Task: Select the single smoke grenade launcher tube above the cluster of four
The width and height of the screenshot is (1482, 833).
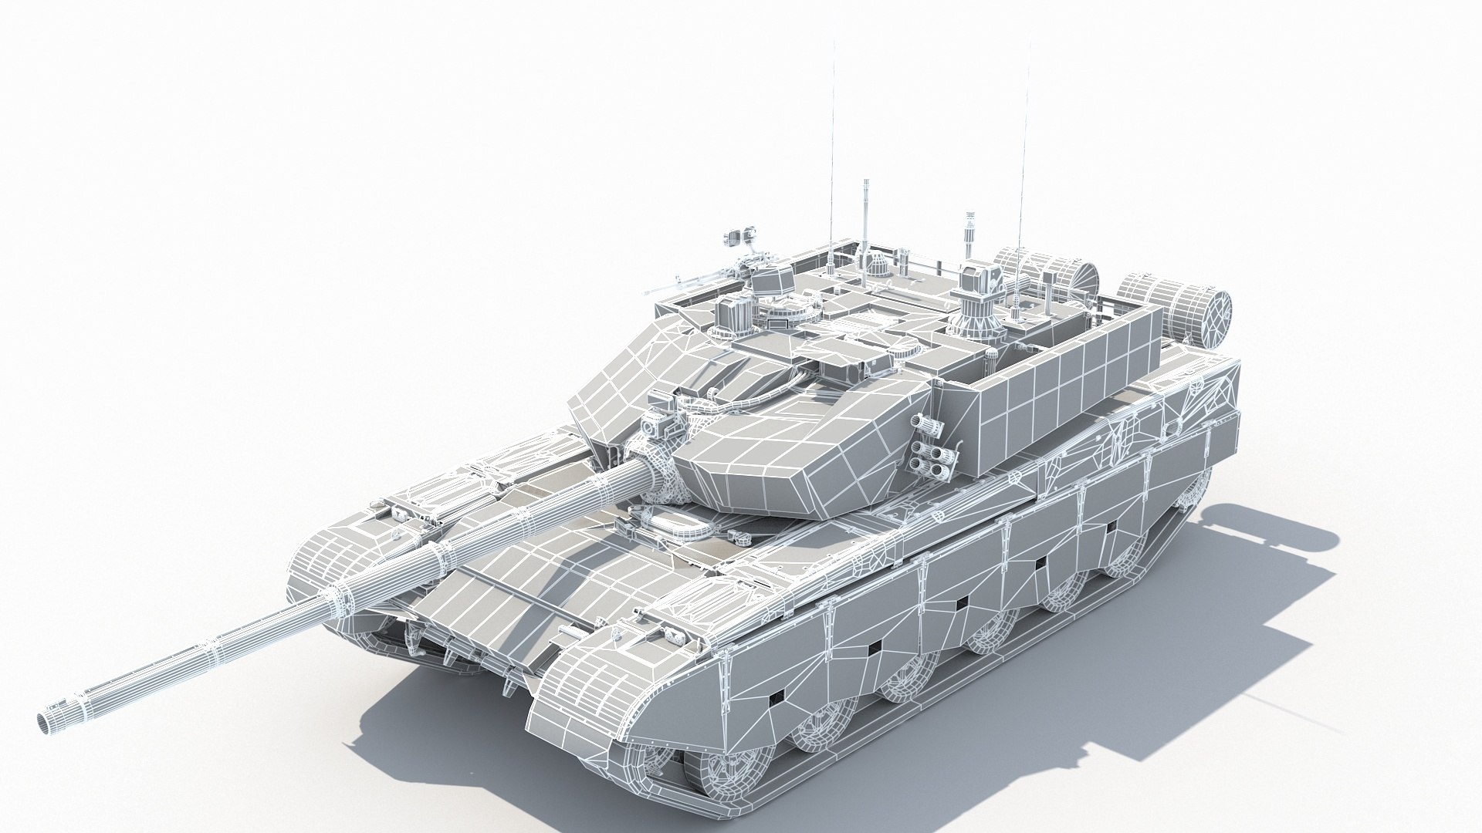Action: pyautogui.click(x=923, y=422)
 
